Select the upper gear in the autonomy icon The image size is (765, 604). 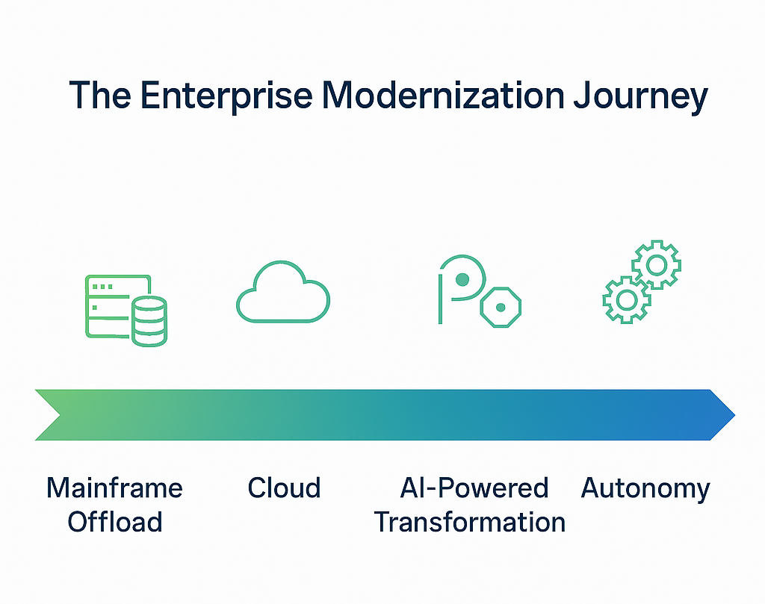coord(657,264)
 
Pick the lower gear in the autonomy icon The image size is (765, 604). coord(626,299)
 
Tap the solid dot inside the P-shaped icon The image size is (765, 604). coord(462,279)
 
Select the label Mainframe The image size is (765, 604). coord(114,488)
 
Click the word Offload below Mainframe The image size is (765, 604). coord(114,522)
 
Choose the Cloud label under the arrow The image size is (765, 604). coord(284,488)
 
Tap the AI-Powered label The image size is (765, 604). coord(474,488)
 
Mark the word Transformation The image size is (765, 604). coord(470,522)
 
